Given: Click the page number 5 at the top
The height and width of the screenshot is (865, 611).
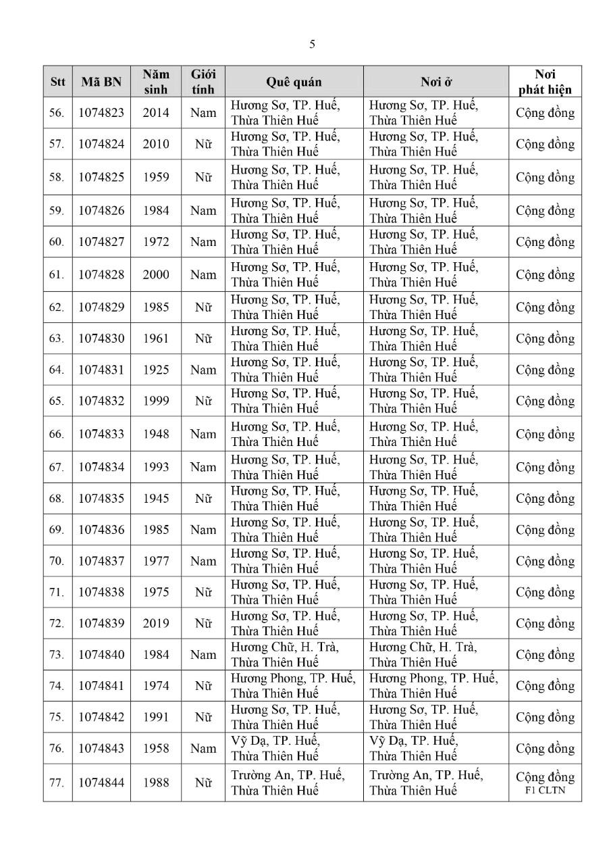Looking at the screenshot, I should [x=312, y=45].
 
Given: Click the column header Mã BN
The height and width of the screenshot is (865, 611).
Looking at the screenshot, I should [x=101, y=82].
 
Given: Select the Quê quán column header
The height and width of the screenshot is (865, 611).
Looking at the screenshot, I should [x=294, y=82].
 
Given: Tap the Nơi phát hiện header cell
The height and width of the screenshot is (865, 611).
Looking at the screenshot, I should [x=545, y=82].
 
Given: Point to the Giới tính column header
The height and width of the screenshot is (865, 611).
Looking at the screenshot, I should [x=203, y=82].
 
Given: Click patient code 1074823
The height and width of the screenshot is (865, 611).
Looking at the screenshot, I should [x=101, y=113].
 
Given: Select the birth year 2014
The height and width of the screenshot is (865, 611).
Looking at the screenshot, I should [x=156, y=113].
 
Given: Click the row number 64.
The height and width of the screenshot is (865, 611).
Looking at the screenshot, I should [x=57, y=370].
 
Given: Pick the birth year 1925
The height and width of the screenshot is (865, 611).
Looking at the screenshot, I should [x=156, y=370].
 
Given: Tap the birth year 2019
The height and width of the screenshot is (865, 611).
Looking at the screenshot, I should [x=156, y=624].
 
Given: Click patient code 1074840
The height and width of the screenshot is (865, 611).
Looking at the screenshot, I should [x=101, y=655].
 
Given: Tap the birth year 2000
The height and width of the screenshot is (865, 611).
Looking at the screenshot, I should [x=156, y=275].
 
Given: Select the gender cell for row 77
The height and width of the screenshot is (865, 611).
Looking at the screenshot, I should [x=203, y=783].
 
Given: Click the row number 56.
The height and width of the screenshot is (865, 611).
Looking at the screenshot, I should [x=57, y=113].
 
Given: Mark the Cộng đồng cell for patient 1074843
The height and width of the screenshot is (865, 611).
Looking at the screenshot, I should [x=545, y=749].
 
